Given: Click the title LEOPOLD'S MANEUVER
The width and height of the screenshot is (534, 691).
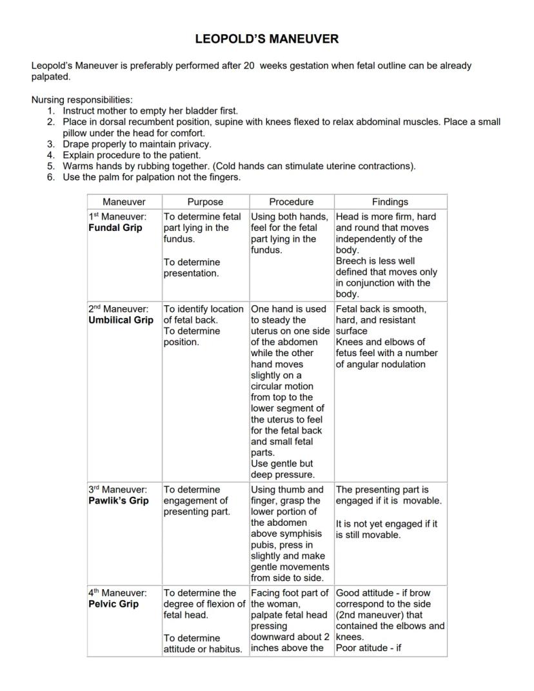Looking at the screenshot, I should pyautogui.click(x=266, y=39).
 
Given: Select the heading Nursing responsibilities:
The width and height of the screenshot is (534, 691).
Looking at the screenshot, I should pyautogui.click(x=82, y=100).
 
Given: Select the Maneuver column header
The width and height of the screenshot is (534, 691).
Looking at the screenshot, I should pyautogui.click(x=124, y=202).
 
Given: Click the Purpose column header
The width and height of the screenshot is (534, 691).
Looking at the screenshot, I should pyautogui.click(x=205, y=202).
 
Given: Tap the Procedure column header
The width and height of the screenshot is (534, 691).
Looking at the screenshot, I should pyautogui.click(x=292, y=202).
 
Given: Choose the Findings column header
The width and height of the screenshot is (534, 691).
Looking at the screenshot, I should pyautogui.click(x=390, y=202).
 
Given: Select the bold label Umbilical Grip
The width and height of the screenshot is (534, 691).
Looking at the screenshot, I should pyautogui.click(x=121, y=320).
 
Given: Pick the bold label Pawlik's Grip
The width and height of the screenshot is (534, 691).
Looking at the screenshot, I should pyautogui.click(x=119, y=501).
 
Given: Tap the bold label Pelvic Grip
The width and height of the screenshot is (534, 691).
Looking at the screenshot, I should pyautogui.click(x=114, y=604).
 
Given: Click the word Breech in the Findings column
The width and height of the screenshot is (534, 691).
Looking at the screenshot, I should pyautogui.click(x=350, y=261).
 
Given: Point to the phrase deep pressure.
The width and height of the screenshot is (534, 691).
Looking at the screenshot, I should pyautogui.click(x=282, y=475).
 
